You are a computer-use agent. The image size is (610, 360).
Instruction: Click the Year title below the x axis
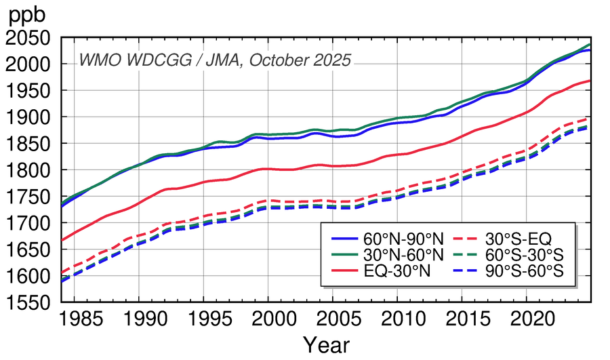click(x=326, y=345)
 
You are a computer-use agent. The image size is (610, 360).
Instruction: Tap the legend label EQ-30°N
click(x=398, y=273)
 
